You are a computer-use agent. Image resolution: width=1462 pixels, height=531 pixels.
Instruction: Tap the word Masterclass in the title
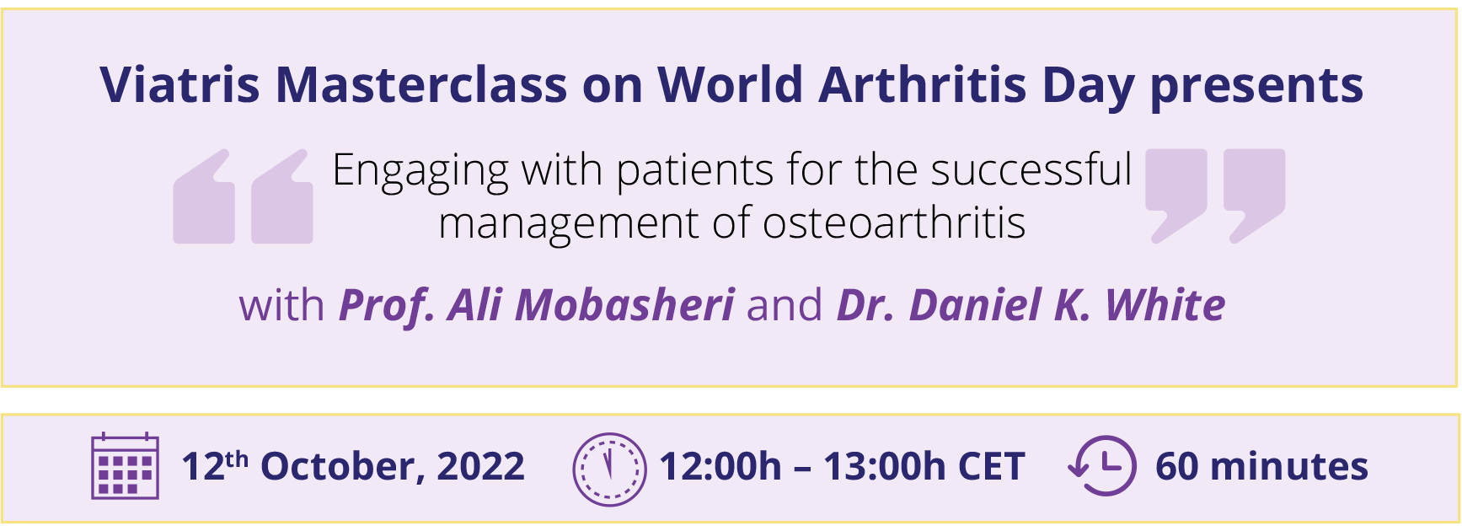click(421, 85)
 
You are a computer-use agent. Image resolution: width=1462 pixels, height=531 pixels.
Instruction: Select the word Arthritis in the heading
click(923, 85)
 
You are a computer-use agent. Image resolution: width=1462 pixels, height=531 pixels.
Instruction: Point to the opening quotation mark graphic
click(243, 197)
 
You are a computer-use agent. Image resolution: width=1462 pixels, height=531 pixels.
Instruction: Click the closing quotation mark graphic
click(1215, 197)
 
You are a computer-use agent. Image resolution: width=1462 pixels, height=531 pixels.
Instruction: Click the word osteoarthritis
click(894, 223)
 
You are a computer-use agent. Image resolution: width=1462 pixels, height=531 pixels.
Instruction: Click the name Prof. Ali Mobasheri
click(537, 305)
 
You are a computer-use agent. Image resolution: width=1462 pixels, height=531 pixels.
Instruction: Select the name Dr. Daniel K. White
click(1031, 305)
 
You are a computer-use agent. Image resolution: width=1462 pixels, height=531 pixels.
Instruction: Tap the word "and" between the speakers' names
click(785, 305)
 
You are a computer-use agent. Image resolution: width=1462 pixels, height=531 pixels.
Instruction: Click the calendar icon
click(125, 466)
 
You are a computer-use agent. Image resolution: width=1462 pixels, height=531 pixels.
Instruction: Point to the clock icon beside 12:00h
click(609, 469)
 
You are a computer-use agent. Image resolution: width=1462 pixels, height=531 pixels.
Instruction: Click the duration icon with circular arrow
click(1103, 465)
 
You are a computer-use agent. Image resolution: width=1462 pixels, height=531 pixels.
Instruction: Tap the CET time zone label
click(990, 467)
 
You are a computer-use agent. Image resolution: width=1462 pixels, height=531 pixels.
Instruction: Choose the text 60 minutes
click(1261, 466)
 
